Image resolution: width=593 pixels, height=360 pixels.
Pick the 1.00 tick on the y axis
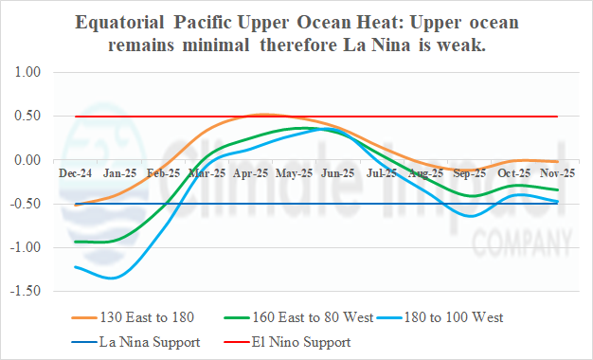(31, 72)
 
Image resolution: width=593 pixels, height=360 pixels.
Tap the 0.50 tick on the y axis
(31, 116)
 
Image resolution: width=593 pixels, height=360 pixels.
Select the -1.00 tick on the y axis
(29, 247)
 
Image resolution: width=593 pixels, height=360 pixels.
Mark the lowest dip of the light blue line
(113, 278)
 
